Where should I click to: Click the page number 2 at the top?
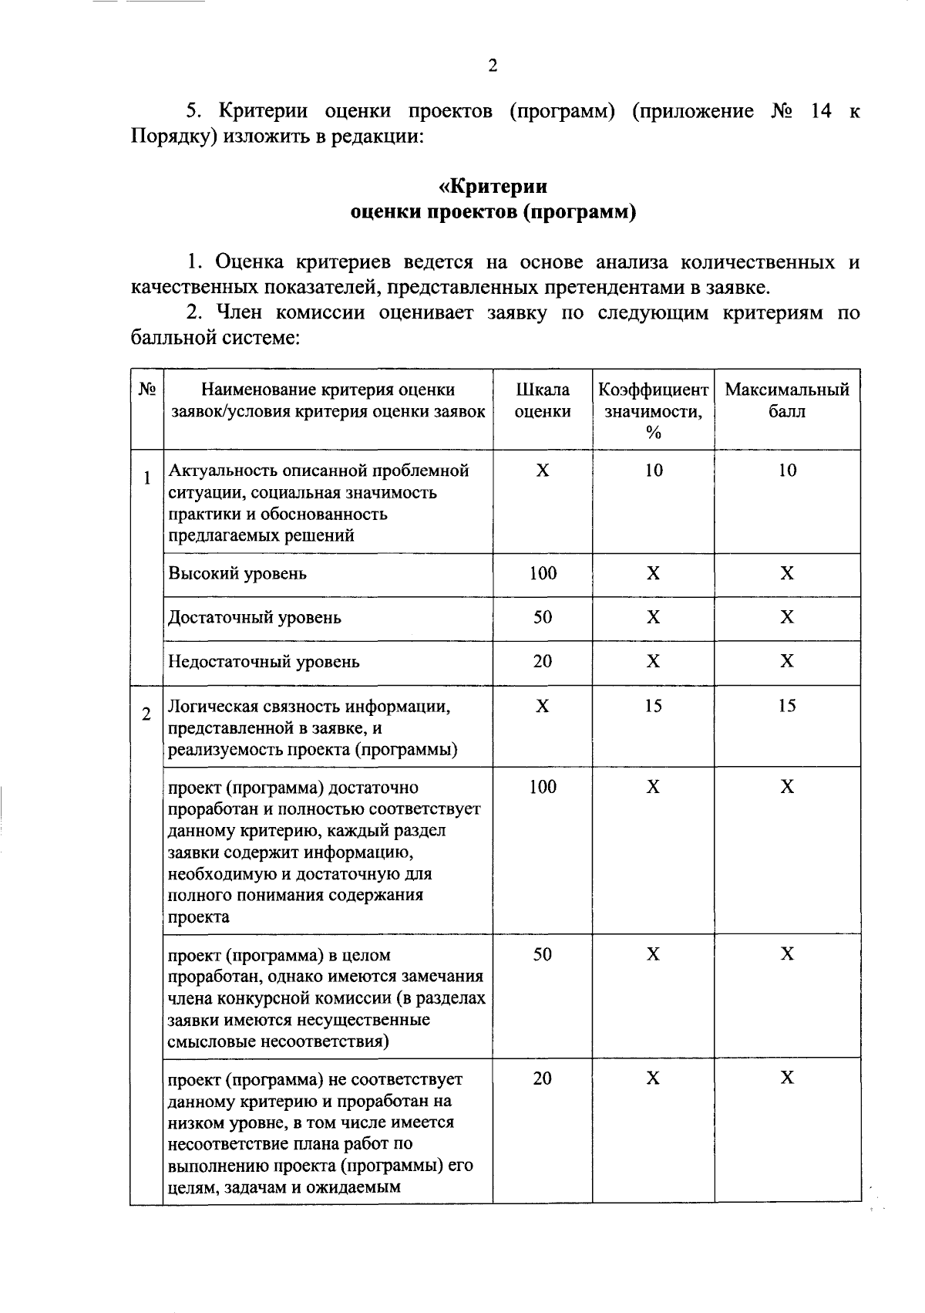493,66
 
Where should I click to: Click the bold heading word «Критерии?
493,187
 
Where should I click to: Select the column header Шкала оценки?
543,400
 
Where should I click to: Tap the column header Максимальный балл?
787,400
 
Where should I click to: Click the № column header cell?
146,390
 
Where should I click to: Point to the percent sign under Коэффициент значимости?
653,434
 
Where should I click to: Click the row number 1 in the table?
146,478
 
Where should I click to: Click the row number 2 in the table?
146,714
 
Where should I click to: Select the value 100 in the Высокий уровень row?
543,573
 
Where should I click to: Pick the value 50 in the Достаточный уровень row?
543,617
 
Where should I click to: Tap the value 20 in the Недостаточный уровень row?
543,661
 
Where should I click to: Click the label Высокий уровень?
237,574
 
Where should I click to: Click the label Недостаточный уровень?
264,662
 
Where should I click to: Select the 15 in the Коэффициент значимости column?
653,706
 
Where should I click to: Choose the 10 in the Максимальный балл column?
787,471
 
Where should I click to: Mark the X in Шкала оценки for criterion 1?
543,471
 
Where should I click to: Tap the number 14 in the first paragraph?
822,111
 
